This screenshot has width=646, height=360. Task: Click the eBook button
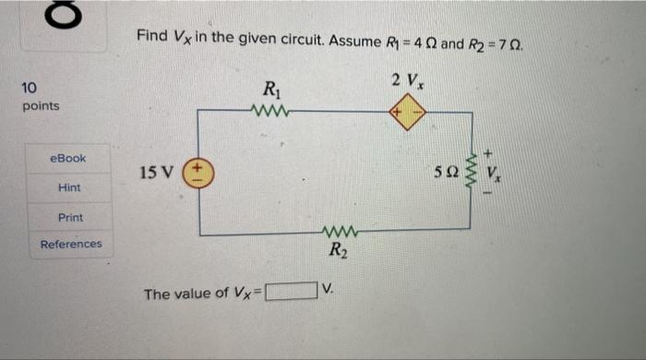click(x=68, y=158)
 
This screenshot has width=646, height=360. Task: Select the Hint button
click(x=69, y=187)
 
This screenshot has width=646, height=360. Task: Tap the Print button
click(x=70, y=217)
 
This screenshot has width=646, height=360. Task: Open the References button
click(x=71, y=245)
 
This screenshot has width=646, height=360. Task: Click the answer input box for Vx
click(x=291, y=294)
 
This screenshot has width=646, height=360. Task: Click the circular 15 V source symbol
click(x=200, y=174)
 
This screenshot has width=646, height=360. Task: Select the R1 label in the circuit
click(x=272, y=90)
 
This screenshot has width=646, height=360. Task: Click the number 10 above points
click(x=29, y=89)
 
